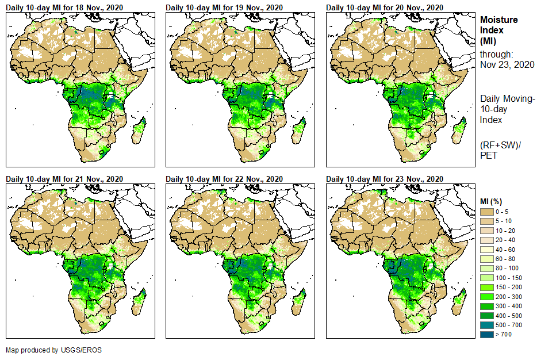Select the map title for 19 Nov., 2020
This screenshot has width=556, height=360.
224,7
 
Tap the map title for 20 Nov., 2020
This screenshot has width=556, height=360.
385,7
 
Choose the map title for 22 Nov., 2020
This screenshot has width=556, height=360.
224,179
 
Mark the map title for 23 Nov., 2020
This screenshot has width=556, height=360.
385,179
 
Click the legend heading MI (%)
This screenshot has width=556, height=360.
492,201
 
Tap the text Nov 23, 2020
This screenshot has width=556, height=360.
507,65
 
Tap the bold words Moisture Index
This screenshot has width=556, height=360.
499,25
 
